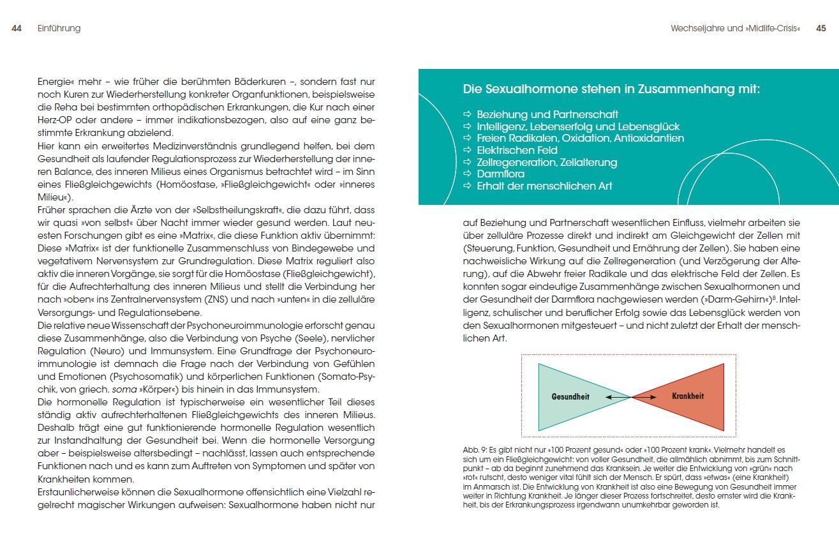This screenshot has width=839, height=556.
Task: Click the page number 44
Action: (17, 29)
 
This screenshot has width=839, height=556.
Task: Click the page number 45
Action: (821, 29)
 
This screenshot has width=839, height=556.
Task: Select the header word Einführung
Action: (59, 29)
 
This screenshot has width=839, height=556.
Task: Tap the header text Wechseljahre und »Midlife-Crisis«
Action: (735, 29)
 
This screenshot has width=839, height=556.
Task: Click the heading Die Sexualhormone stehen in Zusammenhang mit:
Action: (611, 89)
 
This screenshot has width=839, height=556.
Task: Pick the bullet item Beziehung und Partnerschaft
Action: (547, 115)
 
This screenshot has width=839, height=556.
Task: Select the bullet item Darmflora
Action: (501, 174)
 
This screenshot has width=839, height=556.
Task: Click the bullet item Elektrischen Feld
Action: (517, 151)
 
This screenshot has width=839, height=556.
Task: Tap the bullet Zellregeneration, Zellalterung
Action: (547, 162)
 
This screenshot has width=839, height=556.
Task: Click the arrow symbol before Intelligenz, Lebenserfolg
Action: (467, 127)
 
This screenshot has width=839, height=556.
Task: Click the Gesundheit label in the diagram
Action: (570, 397)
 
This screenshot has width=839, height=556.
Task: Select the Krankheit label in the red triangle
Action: (688, 396)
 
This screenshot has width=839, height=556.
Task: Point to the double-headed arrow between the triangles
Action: (630, 397)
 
